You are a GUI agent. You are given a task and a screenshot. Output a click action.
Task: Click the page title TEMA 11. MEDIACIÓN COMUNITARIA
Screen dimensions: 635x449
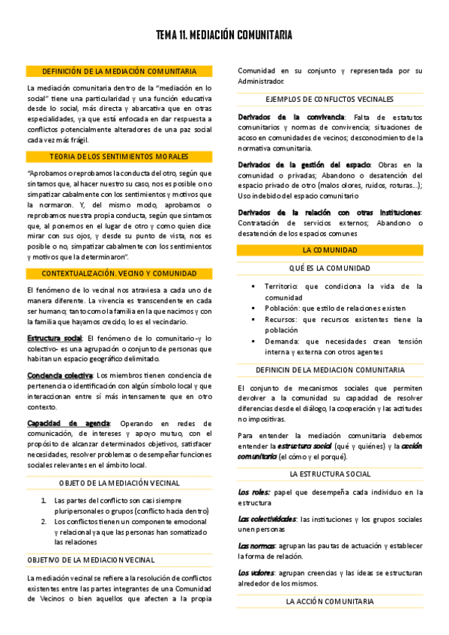(x=224, y=35)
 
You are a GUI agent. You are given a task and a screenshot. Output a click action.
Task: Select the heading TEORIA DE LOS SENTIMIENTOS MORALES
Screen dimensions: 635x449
(x=119, y=157)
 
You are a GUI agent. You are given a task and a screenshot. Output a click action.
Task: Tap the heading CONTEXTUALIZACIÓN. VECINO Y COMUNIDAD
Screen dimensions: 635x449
(x=119, y=273)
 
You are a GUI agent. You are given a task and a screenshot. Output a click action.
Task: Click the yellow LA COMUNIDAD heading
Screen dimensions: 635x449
(x=330, y=249)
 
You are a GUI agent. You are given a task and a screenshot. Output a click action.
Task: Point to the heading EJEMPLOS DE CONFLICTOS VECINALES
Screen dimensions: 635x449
(x=330, y=100)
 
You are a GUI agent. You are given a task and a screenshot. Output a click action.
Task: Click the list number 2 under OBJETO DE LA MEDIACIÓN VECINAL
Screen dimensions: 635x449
(x=44, y=520)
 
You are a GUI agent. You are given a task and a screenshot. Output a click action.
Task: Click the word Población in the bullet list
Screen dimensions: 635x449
(x=283, y=308)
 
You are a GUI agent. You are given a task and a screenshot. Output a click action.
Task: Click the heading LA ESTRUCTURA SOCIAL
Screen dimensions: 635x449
(x=330, y=474)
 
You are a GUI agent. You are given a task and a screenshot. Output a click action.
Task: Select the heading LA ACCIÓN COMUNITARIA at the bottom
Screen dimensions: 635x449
(x=330, y=601)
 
